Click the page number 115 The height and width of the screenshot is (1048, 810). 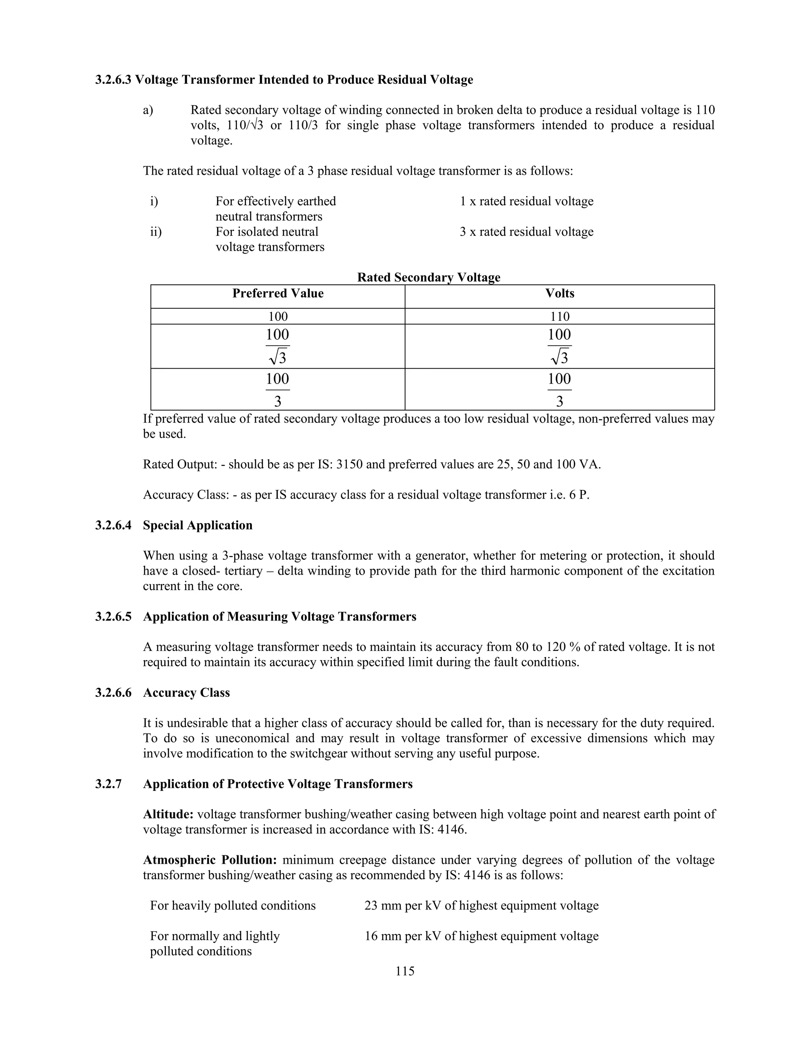pos(405,971)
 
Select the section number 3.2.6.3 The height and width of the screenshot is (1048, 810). pos(113,79)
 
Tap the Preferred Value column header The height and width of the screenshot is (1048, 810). pos(278,294)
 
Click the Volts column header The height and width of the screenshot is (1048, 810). pos(560,294)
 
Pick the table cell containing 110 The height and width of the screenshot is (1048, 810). pos(560,317)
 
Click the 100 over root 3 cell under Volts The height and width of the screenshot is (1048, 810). pos(560,346)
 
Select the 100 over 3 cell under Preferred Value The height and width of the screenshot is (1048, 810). pos(278,389)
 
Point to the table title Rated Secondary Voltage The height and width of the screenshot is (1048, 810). pos(428,277)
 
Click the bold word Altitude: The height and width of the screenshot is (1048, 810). pos(168,814)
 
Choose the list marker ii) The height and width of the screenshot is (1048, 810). pos(156,232)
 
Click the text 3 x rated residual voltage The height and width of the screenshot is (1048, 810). pos(526,232)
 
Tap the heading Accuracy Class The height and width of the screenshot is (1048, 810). pos(186,692)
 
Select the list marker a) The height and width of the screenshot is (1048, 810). pos(148,110)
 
